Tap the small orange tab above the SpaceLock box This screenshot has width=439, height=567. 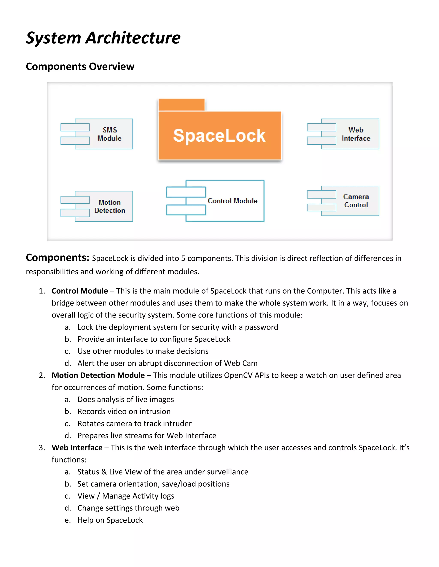point(182,105)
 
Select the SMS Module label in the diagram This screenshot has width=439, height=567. point(110,134)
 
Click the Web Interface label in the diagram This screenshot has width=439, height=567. point(356,134)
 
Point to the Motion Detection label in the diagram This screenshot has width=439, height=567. point(110,206)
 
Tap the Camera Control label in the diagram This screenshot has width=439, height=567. point(356,201)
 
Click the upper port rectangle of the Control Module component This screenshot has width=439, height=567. point(186,192)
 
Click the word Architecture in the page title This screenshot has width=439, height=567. point(133,38)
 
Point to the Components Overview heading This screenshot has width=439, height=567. point(80,67)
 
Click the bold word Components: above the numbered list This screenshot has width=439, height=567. point(57,258)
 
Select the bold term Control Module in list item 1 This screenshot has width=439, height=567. point(80,291)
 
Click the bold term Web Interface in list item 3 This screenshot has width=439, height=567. point(77,448)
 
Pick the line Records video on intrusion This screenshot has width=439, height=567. point(124,411)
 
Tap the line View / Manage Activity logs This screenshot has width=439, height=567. point(126,496)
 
